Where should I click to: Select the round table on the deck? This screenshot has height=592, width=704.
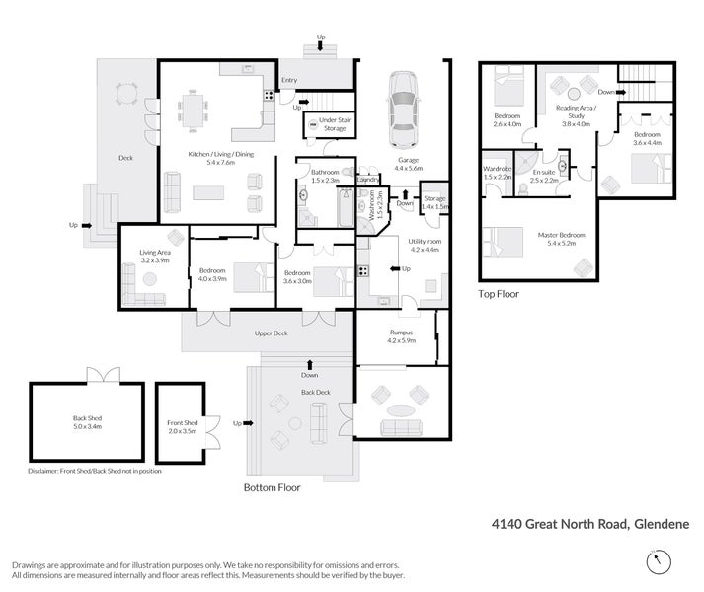124,94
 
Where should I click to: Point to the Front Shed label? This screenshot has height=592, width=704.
182,423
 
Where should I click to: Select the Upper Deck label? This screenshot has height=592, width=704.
271,333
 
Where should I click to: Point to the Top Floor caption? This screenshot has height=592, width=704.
499,293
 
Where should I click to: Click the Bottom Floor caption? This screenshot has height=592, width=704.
272,486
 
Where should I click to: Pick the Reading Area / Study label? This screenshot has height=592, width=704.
575,115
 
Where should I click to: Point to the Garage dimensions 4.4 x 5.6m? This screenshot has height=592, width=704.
409,169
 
